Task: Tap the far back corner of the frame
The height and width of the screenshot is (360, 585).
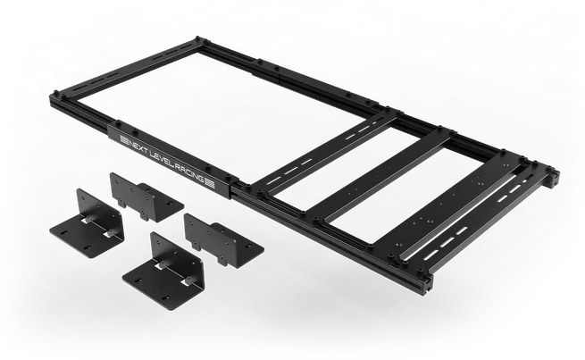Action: click(199, 39)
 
